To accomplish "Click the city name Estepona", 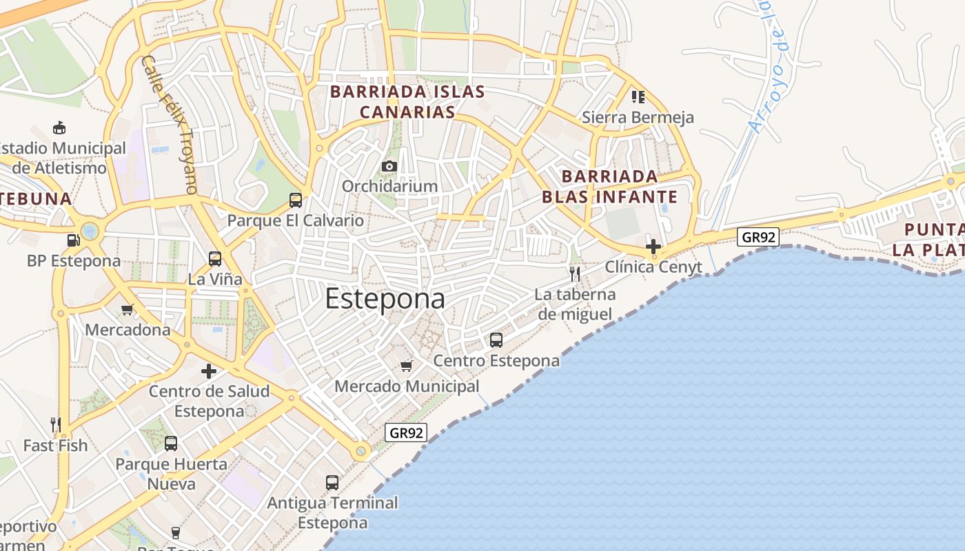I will point(385,299).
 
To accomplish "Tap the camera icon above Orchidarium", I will point(389,166).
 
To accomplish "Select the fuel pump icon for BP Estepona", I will point(73,240).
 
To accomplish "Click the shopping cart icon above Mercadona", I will point(127,309).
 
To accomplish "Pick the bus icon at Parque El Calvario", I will point(296,200).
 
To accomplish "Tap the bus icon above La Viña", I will point(215,259).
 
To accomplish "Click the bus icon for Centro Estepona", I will point(496,340).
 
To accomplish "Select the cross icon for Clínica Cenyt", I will point(653,246).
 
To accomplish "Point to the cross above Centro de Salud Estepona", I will point(209,371).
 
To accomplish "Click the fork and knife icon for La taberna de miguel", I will point(575,274).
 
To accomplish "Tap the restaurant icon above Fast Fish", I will point(56,424).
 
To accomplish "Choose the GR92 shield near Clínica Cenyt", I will point(758,238).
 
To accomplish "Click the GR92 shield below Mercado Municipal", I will point(406,433).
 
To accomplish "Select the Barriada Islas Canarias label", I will point(407,101).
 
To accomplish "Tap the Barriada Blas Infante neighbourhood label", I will point(609,187).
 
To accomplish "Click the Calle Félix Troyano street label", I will point(170,124).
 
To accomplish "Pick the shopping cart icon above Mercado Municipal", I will point(407,366).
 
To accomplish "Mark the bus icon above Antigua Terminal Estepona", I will point(332,482).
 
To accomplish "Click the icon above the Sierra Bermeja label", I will point(638,96).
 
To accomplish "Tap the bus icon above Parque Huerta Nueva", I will point(171,444).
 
